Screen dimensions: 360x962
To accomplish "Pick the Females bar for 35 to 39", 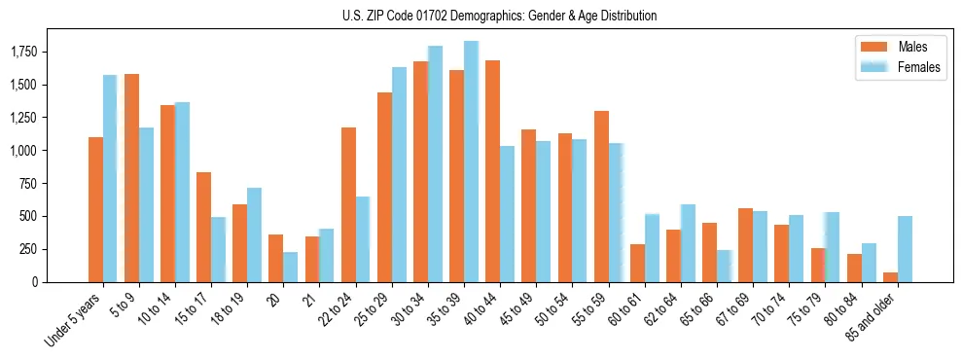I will [x=471, y=162].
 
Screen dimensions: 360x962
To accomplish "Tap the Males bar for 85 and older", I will [x=890, y=277].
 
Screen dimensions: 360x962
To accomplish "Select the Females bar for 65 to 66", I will [x=724, y=266].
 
